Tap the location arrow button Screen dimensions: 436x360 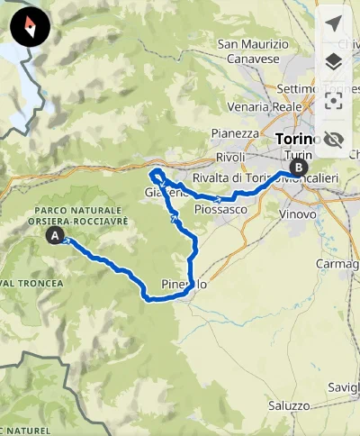334,23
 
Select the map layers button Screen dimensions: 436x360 334,61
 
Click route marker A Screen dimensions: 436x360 56,236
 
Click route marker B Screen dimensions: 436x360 298,167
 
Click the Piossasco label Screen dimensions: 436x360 220,209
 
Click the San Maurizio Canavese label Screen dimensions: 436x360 253,52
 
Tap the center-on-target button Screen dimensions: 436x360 334,100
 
